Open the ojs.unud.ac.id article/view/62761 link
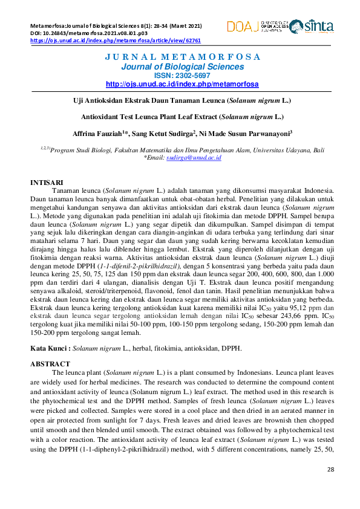pos(115,41)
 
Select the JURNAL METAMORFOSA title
pos(182,57)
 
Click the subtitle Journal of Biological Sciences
pos(182,66)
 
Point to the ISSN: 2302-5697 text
pos(182,76)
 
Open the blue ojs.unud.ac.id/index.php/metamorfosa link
pos(182,84)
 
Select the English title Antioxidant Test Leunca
pos(182,116)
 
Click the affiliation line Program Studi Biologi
pos(182,149)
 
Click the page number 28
pos(330,469)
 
